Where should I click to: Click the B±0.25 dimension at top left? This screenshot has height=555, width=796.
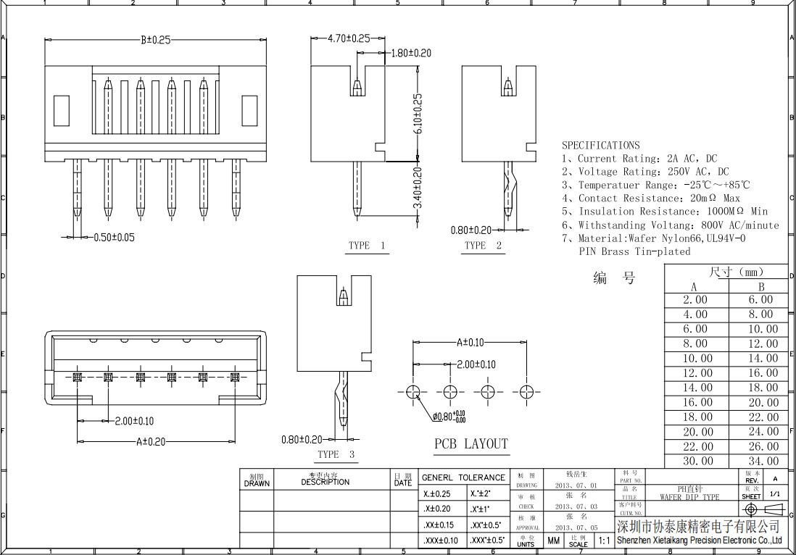(155, 41)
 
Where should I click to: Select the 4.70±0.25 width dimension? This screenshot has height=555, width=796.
(349, 38)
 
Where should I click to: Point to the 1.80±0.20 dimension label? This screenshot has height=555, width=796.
(411, 53)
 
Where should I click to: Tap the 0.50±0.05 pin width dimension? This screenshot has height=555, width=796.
(114, 237)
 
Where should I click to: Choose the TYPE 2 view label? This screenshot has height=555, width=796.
(483, 246)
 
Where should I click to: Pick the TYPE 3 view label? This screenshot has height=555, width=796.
(336, 454)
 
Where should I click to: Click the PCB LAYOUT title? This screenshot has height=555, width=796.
(471, 443)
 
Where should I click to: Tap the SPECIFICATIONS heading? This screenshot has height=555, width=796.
(601, 146)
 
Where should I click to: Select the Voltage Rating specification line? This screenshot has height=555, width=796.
(646, 172)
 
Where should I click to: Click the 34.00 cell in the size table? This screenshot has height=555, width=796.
(763, 461)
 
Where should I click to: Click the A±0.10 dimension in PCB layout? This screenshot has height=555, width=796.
(470, 343)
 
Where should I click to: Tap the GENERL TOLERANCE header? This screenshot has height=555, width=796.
(464, 477)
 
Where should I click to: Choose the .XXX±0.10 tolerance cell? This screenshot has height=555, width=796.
(440, 541)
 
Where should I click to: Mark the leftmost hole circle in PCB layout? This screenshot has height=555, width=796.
(413, 392)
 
